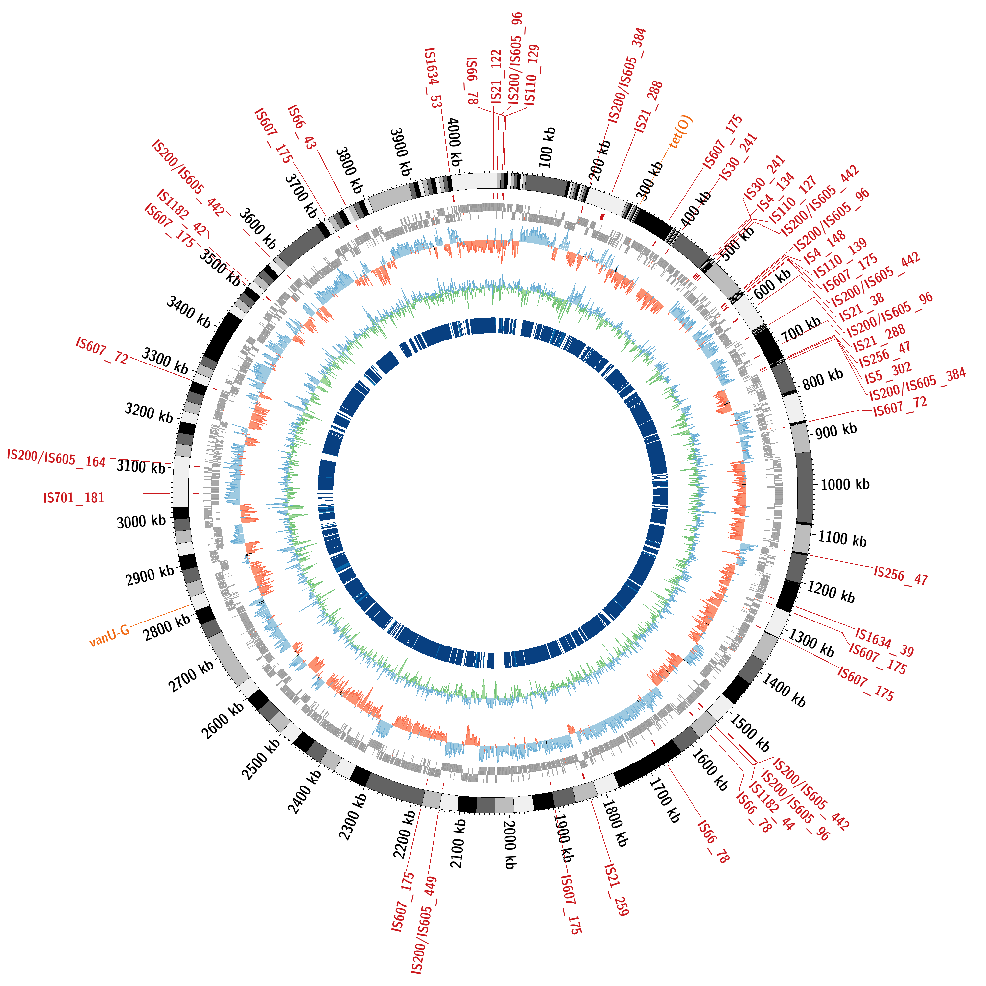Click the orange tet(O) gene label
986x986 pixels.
click(681, 132)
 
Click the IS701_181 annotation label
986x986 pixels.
click(74, 498)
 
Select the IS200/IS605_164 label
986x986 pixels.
click(56, 458)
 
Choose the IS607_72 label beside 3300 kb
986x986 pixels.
click(102, 350)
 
